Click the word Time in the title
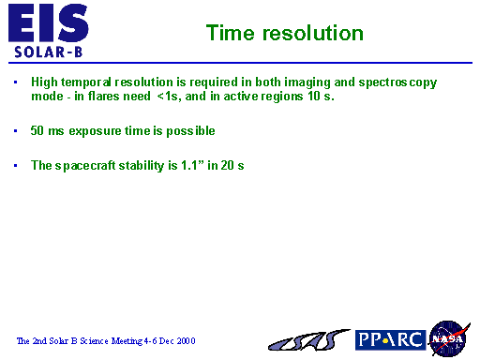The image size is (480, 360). pyautogui.click(x=228, y=34)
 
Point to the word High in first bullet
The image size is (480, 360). pyautogui.click(x=43, y=82)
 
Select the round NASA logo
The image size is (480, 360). pyautogui.click(x=447, y=337)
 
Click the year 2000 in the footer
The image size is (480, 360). pyautogui.click(x=184, y=340)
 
